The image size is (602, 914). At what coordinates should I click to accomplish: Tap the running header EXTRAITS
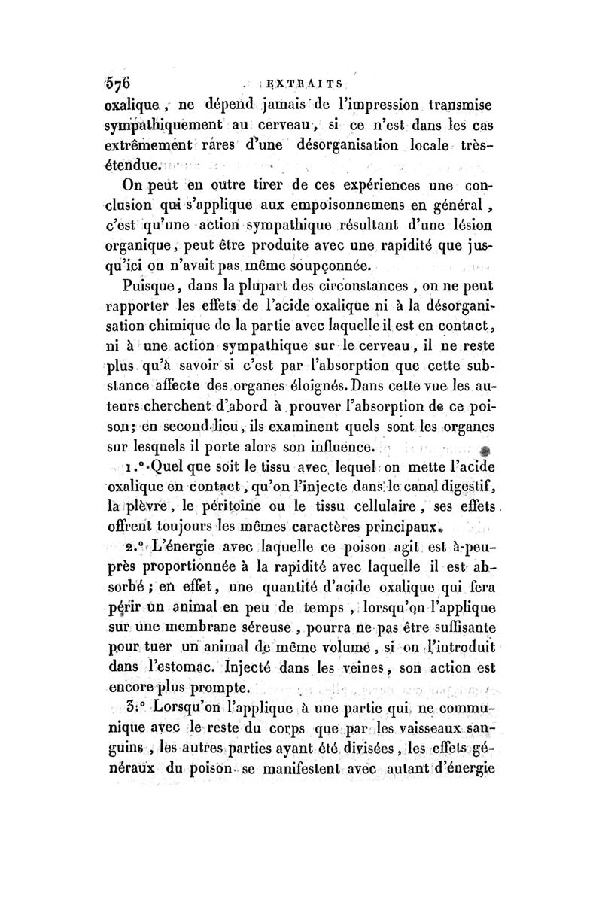(x=312, y=84)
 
